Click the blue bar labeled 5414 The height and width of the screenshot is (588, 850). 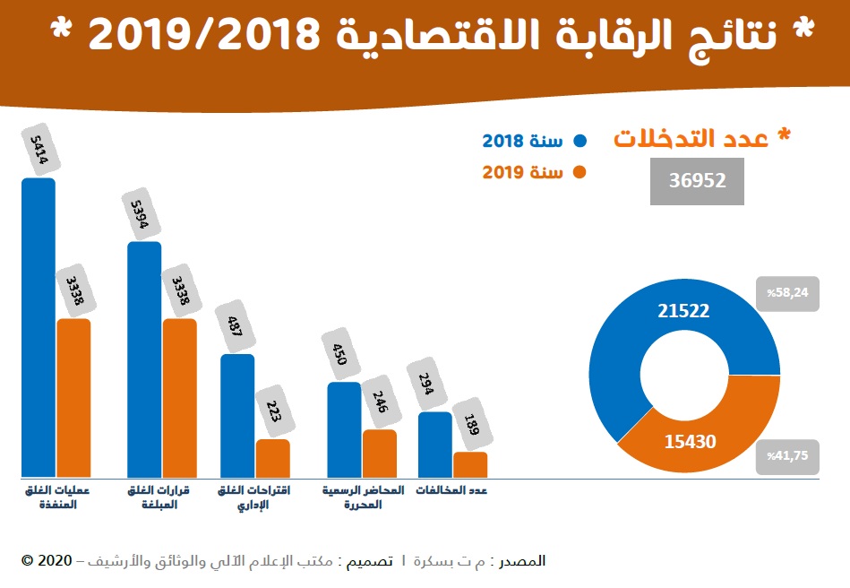pyautogui.click(x=39, y=327)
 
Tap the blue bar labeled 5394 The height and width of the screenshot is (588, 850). pyautogui.click(x=144, y=359)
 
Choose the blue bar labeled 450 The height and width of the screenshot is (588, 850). pyautogui.click(x=344, y=429)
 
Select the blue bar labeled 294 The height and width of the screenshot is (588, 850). pyautogui.click(x=435, y=444)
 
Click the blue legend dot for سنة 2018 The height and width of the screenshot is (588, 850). pyautogui.click(x=580, y=141)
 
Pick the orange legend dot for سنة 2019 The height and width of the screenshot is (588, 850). pyautogui.click(x=580, y=172)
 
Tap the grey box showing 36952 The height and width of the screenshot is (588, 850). pyautogui.click(x=697, y=180)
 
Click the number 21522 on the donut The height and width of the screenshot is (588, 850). pyautogui.click(x=683, y=311)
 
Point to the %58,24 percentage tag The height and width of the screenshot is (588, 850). pyautogui.click(x=788, y=293)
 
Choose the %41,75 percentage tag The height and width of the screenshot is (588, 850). pyautogui.click(x=788, y=455)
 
